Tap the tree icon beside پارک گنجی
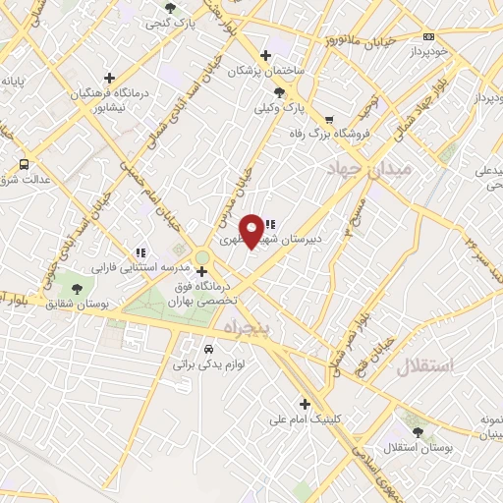[x=171, y=8]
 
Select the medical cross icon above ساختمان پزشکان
[x=265, y=55]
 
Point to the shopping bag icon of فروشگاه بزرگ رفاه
[x=294, y=133]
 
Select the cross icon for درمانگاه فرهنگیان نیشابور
[x=109, y=77]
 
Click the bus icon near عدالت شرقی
[x=24, y=164]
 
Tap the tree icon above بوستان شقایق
[x=77, y=289]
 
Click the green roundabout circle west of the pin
[x=201, y=257]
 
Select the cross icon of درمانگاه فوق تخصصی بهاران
[x=201, y=271]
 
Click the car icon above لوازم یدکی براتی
[x=207, y=349]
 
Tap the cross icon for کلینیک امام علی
[x=305, y=403]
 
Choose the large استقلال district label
[x=427, y=366]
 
